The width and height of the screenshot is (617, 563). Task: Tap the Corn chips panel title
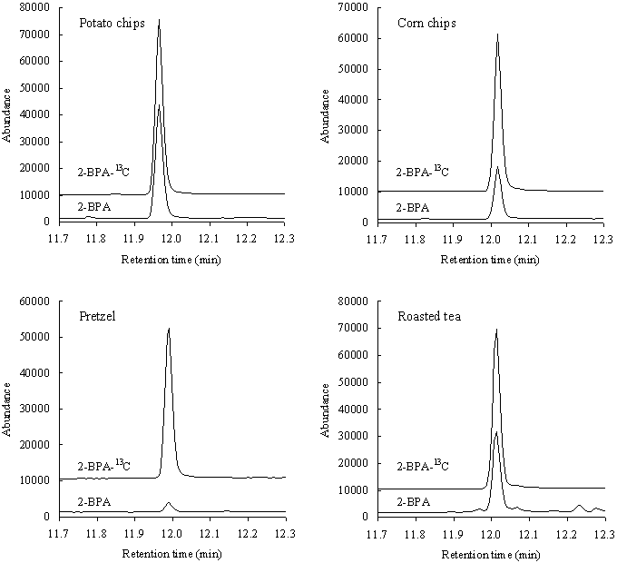427,22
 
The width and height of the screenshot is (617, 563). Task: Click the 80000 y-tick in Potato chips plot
34,7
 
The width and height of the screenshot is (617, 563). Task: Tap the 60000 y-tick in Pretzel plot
34,301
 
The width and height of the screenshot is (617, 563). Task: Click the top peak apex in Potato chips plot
159,20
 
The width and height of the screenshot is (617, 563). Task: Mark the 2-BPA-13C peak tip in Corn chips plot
497,35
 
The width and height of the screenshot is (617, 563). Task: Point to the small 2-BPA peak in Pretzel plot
168,502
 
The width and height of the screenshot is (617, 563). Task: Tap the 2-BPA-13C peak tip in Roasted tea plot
496,330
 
